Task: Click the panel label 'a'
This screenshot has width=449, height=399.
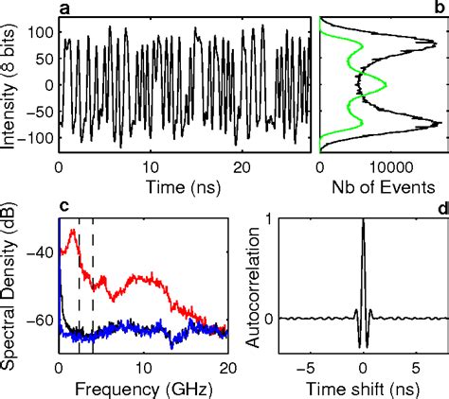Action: click(63, 9)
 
